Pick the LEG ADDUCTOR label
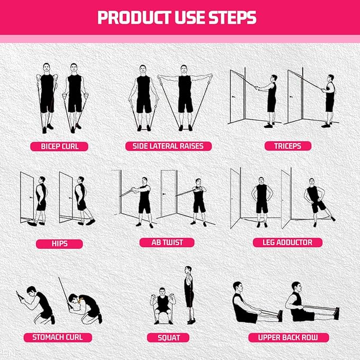pos(287,242)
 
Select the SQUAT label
pos(169,337)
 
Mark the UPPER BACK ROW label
pos(288,337)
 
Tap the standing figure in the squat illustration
pos(188,294)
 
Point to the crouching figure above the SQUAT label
pos(163,305)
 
